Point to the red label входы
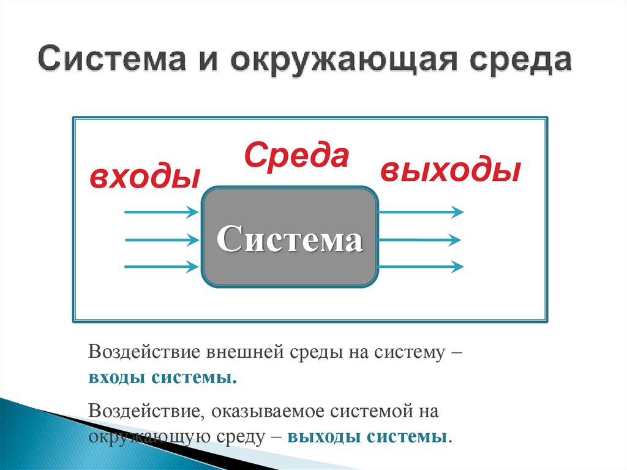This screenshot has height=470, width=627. (145, 177)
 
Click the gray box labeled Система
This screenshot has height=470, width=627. (289, 237)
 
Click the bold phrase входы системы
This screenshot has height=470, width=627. (162, 377)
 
